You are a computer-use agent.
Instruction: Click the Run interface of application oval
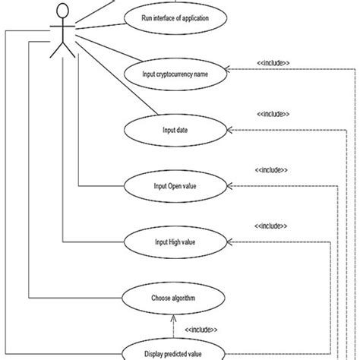(x=175, y=17)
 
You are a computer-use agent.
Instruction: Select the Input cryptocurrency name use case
(x=175, y=74)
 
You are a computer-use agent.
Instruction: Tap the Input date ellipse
(x=175, y=130)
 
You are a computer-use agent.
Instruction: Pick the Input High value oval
(x=175, y=242)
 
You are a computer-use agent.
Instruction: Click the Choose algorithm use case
(x=175, y=298)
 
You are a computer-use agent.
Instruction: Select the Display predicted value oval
(x=175, y=352)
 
